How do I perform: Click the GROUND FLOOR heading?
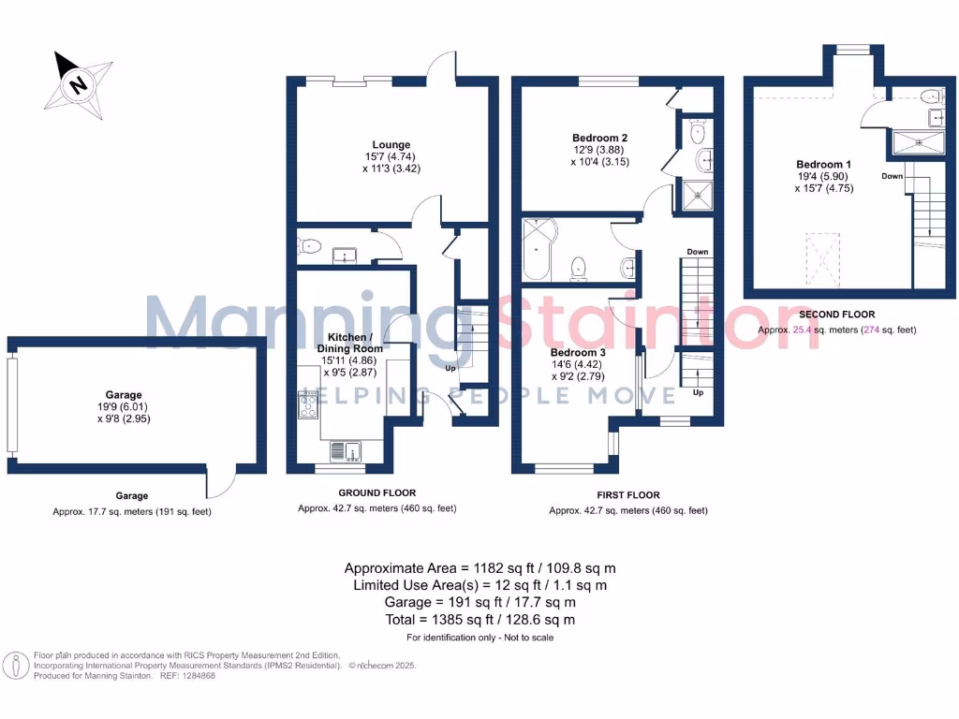[x=376, y=492]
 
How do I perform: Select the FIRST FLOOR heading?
[x=627, y=495]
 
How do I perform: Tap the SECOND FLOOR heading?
[x=836, y=315]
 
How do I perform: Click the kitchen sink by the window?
[x=352, y=452]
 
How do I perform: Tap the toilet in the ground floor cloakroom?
[x=309, y=247]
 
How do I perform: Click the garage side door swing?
[x=220, y=482]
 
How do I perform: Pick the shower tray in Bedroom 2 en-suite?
[x=696, y=196]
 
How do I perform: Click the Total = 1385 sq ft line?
[x=479, y=620]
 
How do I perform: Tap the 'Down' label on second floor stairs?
[x=893, y=175]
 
